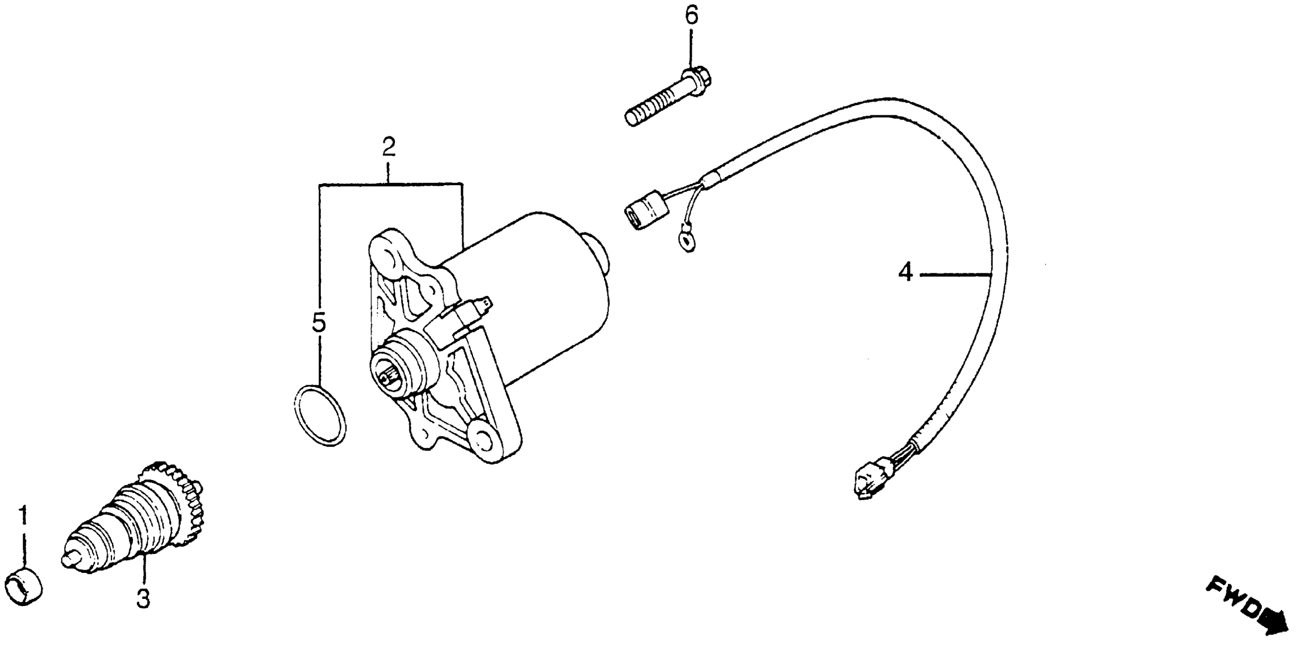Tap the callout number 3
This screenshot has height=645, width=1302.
144,599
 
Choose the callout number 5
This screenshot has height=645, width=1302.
319,324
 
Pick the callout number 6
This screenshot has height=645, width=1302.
691,16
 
